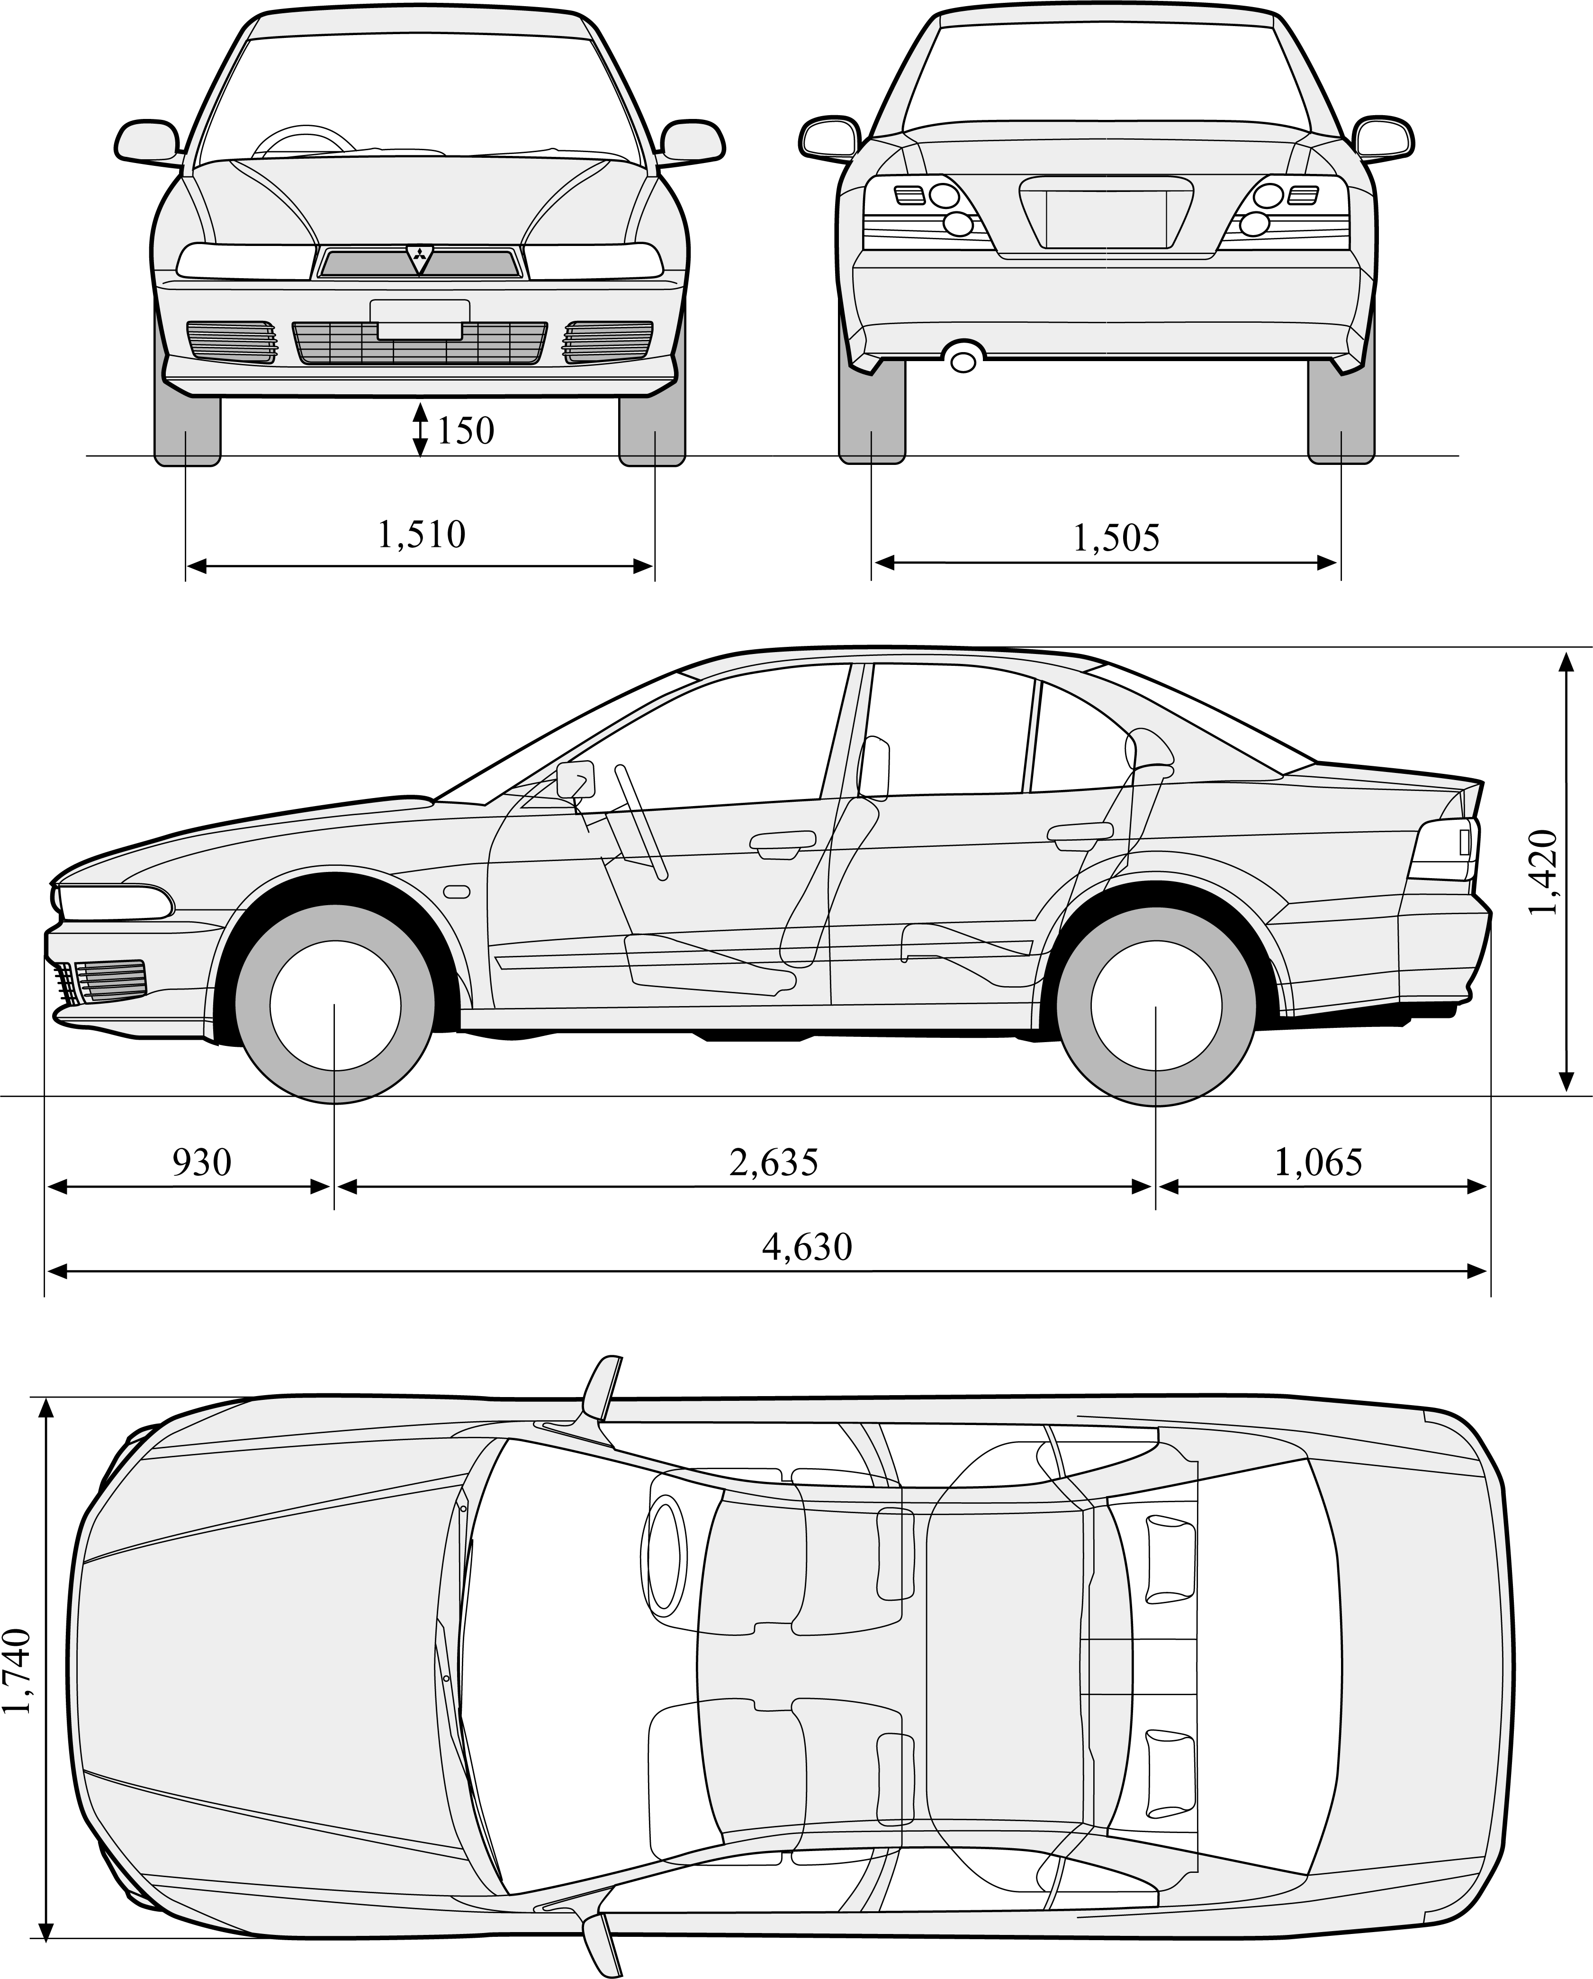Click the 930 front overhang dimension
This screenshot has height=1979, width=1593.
(202, 1162)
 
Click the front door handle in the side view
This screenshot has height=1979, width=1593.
(782, 842)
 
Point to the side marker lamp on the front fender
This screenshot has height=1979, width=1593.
(456, 891)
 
